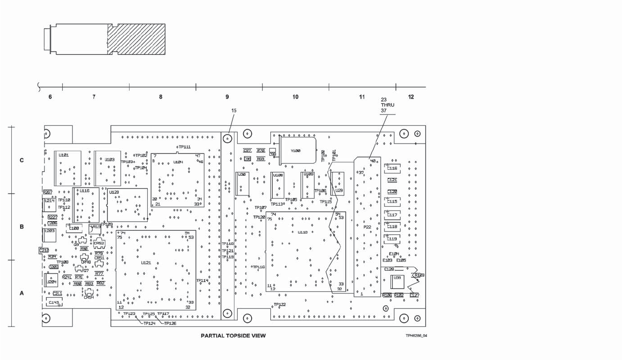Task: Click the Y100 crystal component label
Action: tap(296, 151)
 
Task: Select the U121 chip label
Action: tap(146, 263)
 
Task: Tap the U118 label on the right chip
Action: tap(303, 232)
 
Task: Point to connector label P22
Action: tap(367, 227)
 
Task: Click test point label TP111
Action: tap(185, 147)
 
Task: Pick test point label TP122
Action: tap(280, 305)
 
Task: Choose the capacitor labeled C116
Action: tap(392, 168)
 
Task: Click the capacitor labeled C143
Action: tap(54, 302)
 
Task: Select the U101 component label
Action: tap(63, 155)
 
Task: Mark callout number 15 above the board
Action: tap(234, 111)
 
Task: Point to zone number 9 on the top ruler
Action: tap(227, 97)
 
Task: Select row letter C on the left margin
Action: tap(22, 160)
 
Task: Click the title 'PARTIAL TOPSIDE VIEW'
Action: tap(233, 336)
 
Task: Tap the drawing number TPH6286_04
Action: tap(416, 336)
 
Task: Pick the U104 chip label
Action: tap(178, 162)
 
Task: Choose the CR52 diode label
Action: tap(99, 243)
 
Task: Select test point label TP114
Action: tap(202, 281)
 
